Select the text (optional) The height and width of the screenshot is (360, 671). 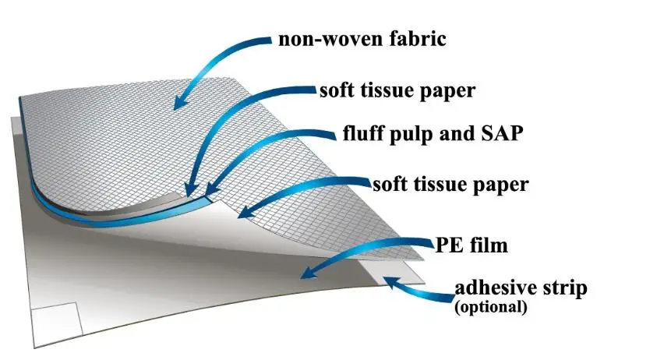coord(492,307)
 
